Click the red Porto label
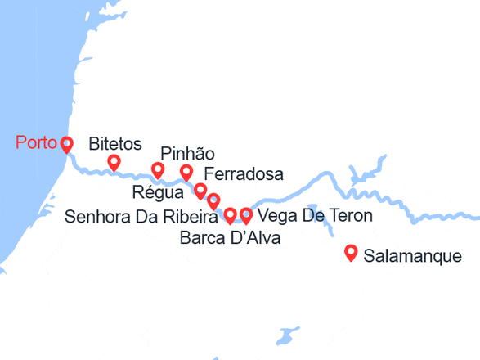[x=36, y=145]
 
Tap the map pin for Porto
[x=66, y=144]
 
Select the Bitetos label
[x=114, y=145]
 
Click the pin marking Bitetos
[x=114, y=162]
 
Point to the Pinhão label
[x=187, y=154]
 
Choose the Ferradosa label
[x=243, y=174]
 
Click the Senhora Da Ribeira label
[x=140, y=216]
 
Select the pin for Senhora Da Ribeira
[x=213, y=200]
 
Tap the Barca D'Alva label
[x=229, y=238]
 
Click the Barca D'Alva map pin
[x=230, y=214]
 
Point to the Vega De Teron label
[x=314, y=216]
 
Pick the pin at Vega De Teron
[x=245, y=215]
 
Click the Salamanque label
[x=412, y=256]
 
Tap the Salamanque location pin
[x=351, y=253]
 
